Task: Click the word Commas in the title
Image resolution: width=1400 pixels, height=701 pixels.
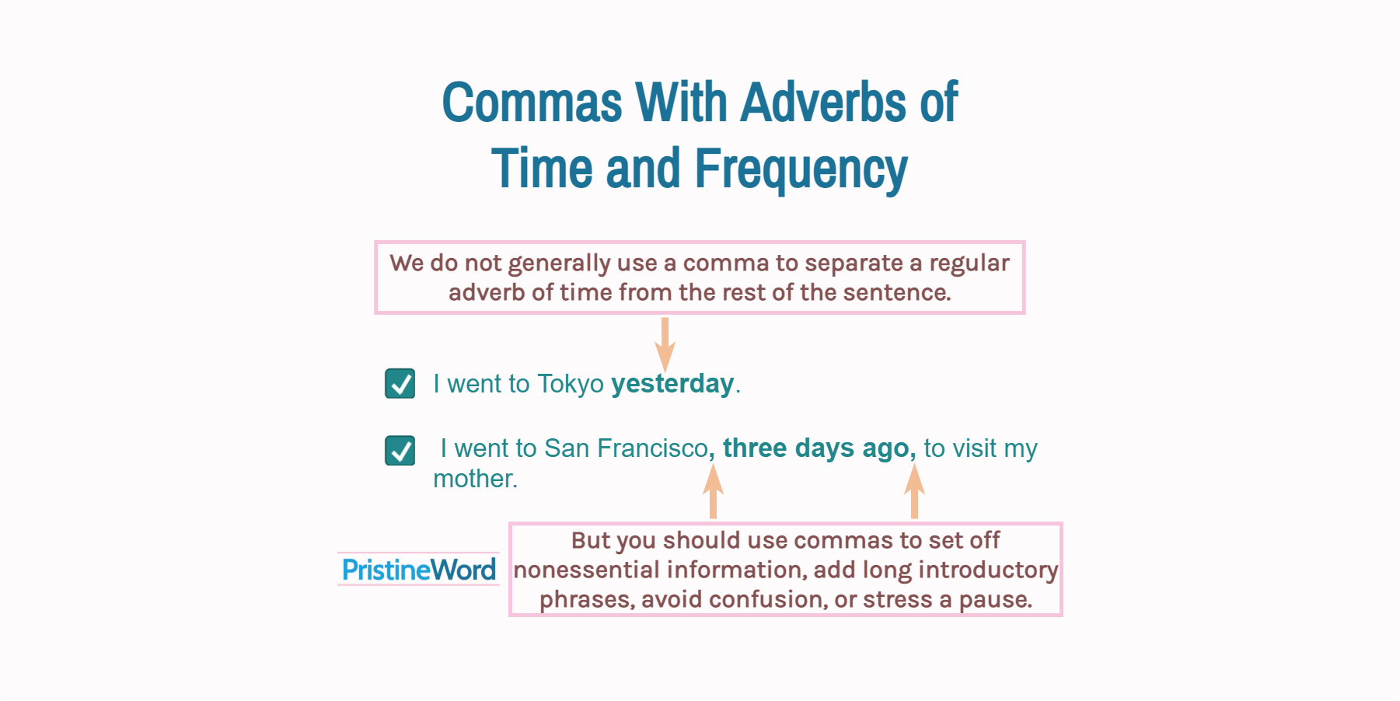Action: pyautogui.click(x=532, y=103)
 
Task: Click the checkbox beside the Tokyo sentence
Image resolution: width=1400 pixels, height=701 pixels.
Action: pyautogui.click(x=400, y=383)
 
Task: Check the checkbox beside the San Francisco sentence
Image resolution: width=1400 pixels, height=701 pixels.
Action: pyautogui.click(x=400, y=450)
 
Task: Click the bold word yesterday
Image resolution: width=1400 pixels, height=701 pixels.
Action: pyautogui.click(x=672, y=384)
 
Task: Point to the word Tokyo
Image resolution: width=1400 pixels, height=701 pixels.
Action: pyautogui.click(x=570, y=384)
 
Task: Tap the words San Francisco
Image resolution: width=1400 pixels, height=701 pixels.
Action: pyautogui.click(x=625, y=448)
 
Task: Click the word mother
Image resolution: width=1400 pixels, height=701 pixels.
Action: pyautogui.click(x=474, y=479)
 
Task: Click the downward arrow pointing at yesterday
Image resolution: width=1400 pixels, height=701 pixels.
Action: pyautogui.click(x=665, y=344)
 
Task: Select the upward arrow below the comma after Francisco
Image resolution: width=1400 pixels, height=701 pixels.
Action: pyautogui.click(x=713, y=491)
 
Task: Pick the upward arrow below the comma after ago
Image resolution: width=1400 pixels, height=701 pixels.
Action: pyautogui.click(x=914, y=491)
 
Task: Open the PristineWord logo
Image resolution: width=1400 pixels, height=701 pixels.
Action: pyautogui.click(x=418, y=570)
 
